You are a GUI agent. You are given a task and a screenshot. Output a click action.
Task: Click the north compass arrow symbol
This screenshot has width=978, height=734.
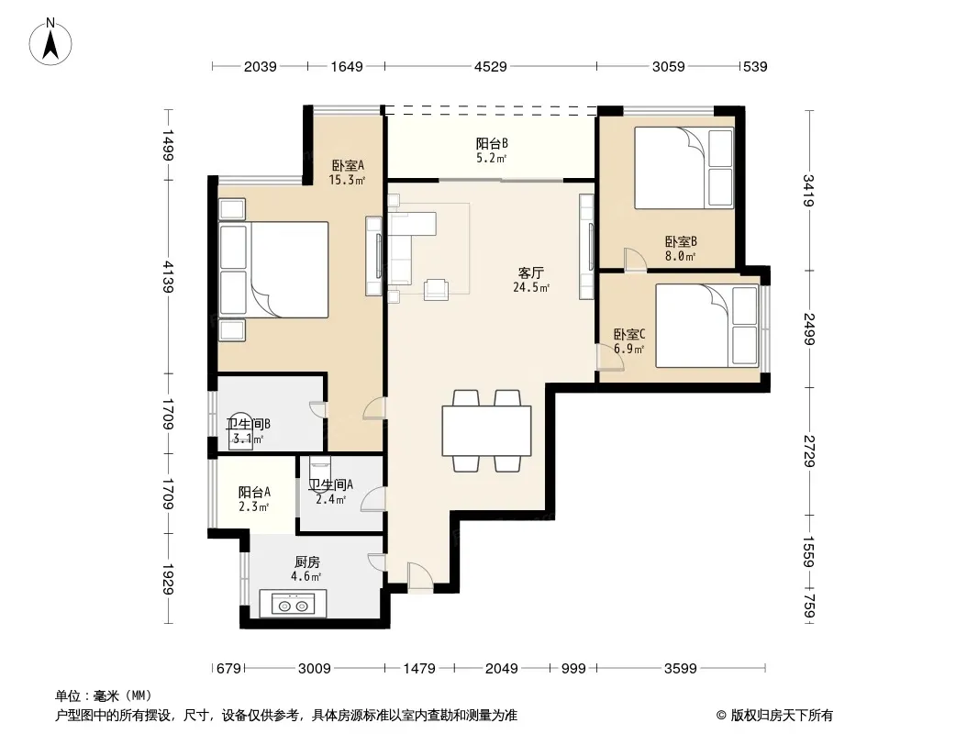click(50, 42)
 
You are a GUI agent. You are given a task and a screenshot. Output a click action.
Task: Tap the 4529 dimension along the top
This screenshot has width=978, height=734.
click(490, 66)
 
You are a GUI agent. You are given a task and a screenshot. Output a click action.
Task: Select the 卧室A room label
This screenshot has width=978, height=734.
click(348, 166)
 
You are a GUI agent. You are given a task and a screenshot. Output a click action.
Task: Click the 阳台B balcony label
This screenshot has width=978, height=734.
click(492, 143)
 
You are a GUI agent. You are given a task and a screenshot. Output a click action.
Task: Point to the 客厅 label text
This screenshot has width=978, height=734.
click(531, 273)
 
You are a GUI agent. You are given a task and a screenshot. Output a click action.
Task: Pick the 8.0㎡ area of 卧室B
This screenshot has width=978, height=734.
click(680, 256)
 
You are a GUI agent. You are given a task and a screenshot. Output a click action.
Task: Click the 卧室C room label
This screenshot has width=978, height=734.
click(629, 335)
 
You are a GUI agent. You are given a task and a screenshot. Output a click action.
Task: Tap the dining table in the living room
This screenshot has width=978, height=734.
click(486, 431)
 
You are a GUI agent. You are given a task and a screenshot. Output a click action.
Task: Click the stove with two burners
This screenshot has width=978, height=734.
click(294, 605)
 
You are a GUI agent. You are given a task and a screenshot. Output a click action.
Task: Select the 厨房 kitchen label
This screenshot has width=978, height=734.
click(307, 562)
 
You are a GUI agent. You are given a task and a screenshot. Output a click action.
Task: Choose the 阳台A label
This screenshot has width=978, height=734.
click(254, 492)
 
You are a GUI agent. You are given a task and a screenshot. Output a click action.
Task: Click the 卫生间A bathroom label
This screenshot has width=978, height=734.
click(331, 484)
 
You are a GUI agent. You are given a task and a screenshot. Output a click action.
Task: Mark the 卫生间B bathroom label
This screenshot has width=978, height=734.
click(249, 424)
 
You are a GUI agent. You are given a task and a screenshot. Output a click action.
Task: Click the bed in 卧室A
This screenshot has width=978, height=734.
click(273, 270)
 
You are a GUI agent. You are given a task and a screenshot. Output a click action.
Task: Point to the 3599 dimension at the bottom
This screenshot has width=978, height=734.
click(680, 669)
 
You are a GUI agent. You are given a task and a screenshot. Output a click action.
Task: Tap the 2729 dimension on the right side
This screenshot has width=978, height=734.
click(809, 450)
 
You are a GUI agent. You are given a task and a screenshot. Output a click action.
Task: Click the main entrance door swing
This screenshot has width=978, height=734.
click(420, 576)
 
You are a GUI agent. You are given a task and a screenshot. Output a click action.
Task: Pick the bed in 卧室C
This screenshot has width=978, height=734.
click(707, 326)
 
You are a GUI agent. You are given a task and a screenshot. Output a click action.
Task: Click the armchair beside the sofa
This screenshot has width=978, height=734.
click(436, 290)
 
